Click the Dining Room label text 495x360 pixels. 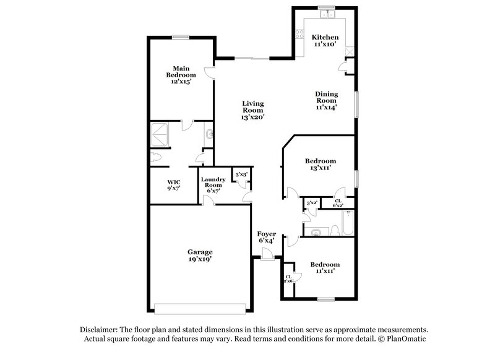(x=326, y=100)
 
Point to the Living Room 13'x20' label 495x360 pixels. (x=252, y=110)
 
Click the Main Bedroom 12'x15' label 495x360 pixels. (x=181, y=74)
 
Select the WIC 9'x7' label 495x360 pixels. (x=174, y=185)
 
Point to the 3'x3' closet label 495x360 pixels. (x=240, y=175)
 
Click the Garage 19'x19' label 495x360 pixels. (x=200, y=256)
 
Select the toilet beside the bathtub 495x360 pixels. (x=334, y=230)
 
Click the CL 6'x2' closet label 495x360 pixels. (x=338, y=203)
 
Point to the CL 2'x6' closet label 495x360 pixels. (x=289, y=279)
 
